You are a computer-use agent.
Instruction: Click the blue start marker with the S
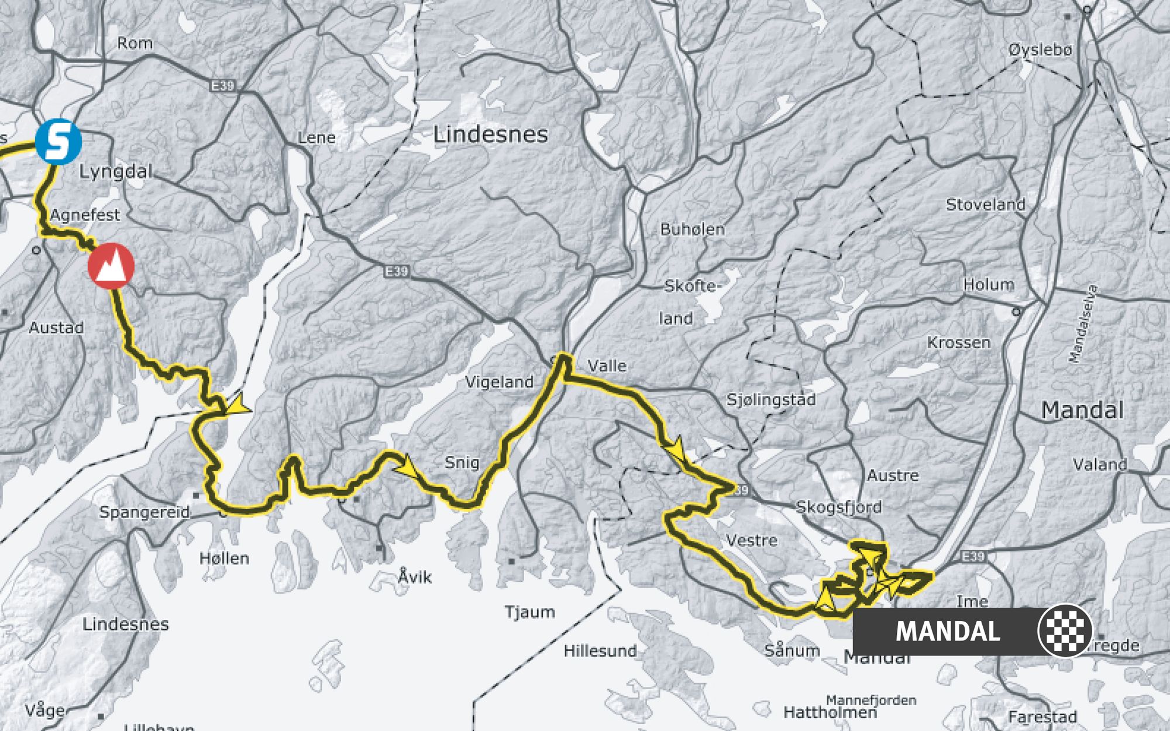(x=58, y=142)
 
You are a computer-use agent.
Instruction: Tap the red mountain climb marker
(x=111, y=265)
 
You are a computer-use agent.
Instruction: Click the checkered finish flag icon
(x=1065, y=631)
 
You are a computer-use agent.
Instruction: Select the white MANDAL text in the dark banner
(x=948, y=632)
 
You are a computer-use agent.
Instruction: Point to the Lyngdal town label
(x=115, y=172)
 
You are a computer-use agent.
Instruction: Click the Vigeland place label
(x=499, y=382)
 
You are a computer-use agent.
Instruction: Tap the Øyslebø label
(x=1040, y=50)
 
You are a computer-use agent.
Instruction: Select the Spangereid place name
(x=144, y=512)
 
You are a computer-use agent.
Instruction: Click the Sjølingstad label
(x=771, y=400)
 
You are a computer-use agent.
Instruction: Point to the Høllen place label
(x=224, y=558)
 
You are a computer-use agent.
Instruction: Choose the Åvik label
(x=415, y=577)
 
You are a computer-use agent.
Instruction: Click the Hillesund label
(x=600, y=651)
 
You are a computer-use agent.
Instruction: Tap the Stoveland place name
(x=986, y=205)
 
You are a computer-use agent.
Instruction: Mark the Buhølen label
(x=693, y=229)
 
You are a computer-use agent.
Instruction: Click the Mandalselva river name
(x=1083, y=323)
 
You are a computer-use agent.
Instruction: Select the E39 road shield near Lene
(x=222, y=86)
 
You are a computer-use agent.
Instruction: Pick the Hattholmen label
(x=830, y=712)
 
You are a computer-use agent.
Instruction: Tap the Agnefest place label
(x=85, y=215)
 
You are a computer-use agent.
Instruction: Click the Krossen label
(x=959, y=343)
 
